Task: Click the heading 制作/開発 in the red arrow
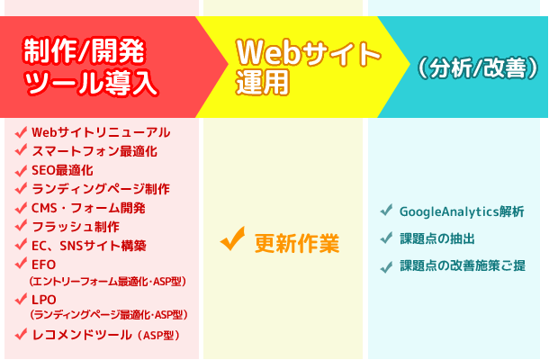[x=84, y=52]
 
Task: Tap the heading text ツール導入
[x=91, y=83]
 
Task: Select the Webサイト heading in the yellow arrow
[x=309, y=53]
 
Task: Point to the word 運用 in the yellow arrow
[x=263, y=82]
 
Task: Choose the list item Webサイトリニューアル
[x=101, y=132]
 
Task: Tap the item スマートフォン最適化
[x=94, y=151]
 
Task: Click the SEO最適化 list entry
[x=62, y=170]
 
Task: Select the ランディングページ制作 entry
[x=101, y=189]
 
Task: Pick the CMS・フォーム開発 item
[x=88, y=208]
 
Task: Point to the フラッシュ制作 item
[x=76, y=227]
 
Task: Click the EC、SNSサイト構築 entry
[x=89, y=246]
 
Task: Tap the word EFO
[x=44, y=265]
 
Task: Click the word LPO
[x=44, y=300]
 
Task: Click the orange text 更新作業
[x=297, y=243]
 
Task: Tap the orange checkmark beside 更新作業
[x=233, y=238]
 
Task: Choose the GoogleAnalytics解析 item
[x=462, y=211]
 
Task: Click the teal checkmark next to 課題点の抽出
[x=386, y=238]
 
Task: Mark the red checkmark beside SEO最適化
[x=21, y=170]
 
